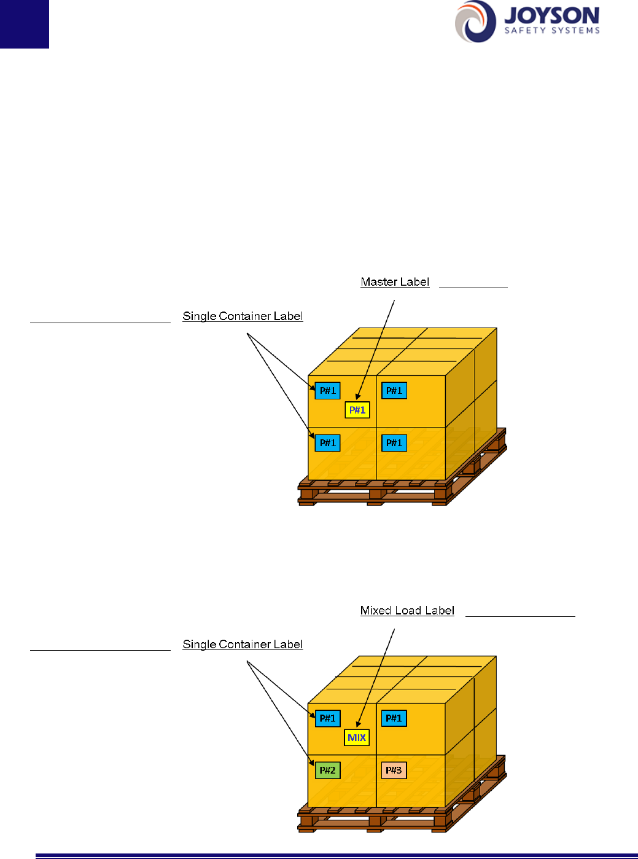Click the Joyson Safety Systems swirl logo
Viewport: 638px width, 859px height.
(x=475, y=22)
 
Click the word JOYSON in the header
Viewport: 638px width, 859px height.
(x=551, y=15)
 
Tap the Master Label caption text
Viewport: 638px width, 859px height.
(x=395, y=282)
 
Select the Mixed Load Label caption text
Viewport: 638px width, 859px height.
(x=407, y=610)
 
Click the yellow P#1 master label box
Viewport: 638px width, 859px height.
(x=357, y=410)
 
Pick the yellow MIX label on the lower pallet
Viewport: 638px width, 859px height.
(x=357, y=737)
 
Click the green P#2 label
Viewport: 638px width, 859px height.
(x=328, y=771)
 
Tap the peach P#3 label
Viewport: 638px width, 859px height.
(x=394, y=771)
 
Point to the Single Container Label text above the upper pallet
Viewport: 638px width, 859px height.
(x=243, y=316)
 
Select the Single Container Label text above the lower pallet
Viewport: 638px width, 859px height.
(x=243, y=645)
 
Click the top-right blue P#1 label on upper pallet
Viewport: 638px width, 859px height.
(x=394, y=391)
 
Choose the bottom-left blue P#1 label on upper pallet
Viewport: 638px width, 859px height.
(x=328, y=443)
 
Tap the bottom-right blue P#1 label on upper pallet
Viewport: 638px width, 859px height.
(x=394, y=443)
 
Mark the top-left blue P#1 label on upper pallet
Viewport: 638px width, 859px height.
(x=328, y=391)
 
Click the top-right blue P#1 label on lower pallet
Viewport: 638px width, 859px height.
(x=394, y=718)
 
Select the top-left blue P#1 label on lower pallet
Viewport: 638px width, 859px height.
(x=328, y=718)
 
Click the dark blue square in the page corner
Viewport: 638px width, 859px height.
(x=24, y=23)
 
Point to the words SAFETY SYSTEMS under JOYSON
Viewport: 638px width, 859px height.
(x=552, y=30)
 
